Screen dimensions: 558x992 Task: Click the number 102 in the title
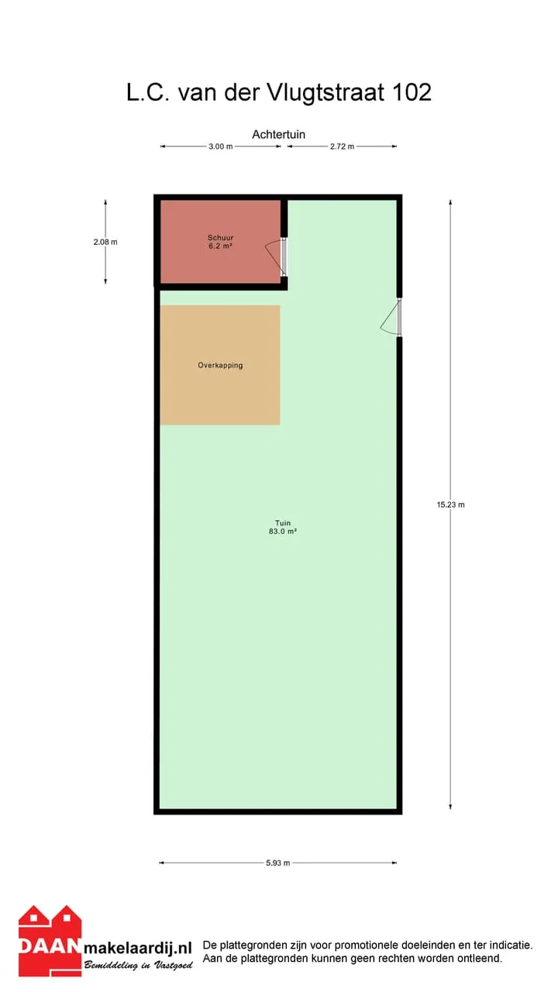(x=412, y=92)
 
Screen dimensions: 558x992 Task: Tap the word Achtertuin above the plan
(x=278, y=135)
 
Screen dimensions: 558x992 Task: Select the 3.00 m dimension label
(x=221, y=146)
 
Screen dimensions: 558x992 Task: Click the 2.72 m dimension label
(x=342, y=146)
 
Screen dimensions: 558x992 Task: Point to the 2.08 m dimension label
(x=105, y=242)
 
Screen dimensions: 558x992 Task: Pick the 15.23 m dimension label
(x=451, y=505)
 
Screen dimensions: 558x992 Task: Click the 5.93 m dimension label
(x=277, y=863)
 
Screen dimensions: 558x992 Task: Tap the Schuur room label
(x=221, y=238)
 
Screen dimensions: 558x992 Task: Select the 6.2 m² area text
(x=221, y=246)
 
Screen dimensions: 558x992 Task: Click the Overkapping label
(x=220, y=365)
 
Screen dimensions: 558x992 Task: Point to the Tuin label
(x=283, y=523)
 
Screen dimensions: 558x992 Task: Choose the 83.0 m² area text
(x=283, y=532)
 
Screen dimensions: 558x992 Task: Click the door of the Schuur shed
(x=277, y=258)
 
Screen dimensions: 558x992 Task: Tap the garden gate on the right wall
(x=391, y=318)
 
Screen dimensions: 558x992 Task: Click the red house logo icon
(x=50, y=940)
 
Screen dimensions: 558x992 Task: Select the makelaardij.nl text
(x=138, y=948)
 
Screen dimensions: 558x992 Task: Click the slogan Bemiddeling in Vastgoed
(x=139, y=965)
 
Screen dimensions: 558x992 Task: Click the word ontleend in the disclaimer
(x=481, y=959)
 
